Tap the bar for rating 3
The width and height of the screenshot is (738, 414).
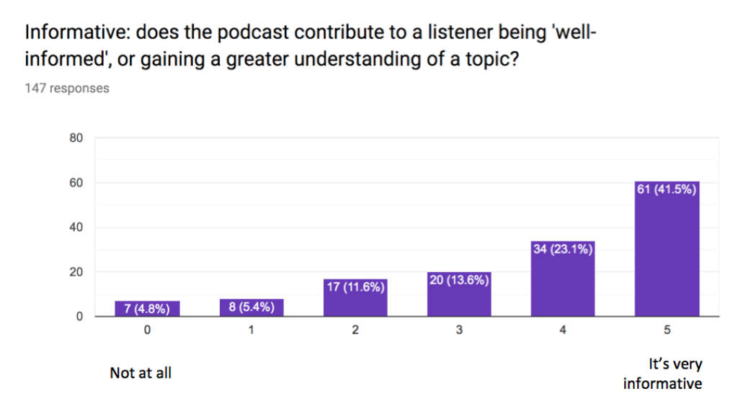point(459,294)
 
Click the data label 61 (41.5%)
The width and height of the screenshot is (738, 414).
point(667,190)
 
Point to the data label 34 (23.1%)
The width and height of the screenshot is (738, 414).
point(563,249)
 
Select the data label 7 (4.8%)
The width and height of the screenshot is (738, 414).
point(147,310)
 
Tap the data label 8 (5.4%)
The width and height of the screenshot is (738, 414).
point(252,308)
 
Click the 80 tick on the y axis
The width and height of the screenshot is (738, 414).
point(76,138)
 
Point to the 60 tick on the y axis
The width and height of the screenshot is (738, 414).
point(76,183)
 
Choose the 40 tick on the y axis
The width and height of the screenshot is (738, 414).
point(76,228)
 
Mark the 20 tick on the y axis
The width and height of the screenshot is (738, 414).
point(76,272)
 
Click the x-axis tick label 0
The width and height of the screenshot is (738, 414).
point(147,331)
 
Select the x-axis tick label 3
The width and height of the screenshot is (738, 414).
point(459,331)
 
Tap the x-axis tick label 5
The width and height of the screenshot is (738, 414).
point(667,331)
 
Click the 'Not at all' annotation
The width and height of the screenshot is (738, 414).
point(141,373)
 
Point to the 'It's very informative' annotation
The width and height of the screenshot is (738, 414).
point(662,374)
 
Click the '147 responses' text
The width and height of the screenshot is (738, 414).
point(67,88)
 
